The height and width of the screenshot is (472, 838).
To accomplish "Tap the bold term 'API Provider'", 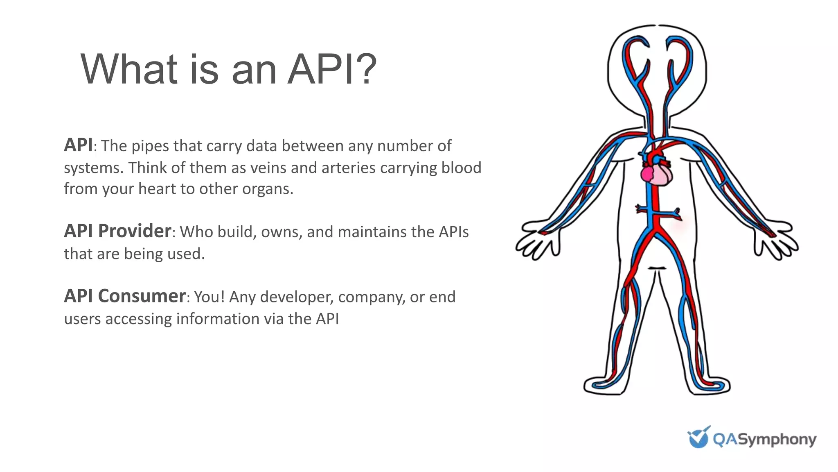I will pyautogui.click(x=117, y=231).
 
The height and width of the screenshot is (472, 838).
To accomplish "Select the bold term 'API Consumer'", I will pyautogui.click(x=125, y=296).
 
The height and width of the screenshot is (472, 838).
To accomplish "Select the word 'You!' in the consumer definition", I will pyautogui.click(x=209, y=297).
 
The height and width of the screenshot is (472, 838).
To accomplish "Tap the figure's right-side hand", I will pyautogui.click(x=776, y=242).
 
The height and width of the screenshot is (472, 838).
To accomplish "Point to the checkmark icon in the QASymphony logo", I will pyautogui.click(x=698, y=437).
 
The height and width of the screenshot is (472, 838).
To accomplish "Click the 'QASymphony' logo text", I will pyautogui.click(x=764, y=439).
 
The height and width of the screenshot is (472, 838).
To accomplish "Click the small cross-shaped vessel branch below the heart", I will pyautogui.click(x=657, y=212).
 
